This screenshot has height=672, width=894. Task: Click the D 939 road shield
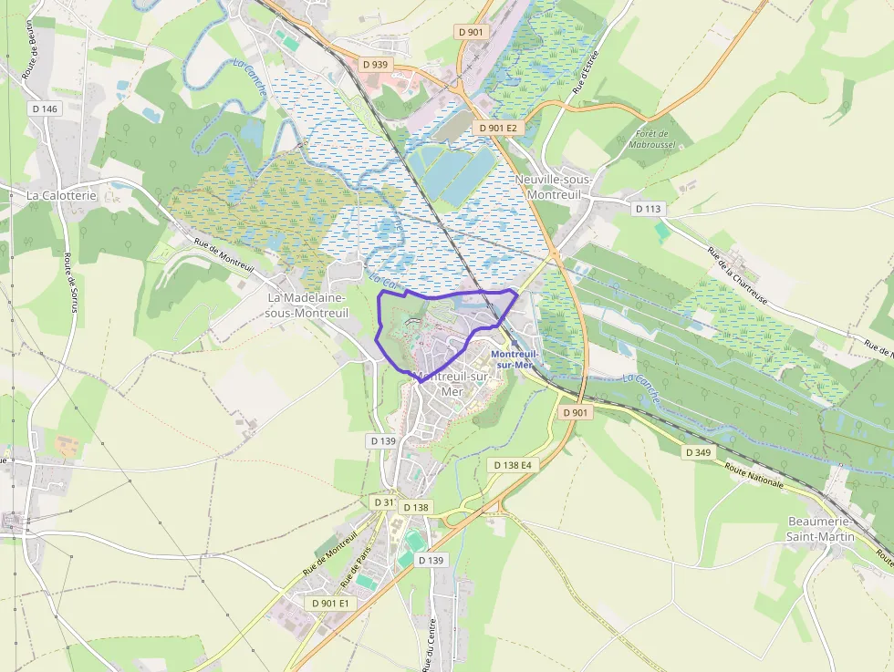pos(374,65)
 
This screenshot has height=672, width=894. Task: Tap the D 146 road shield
pos(44,109)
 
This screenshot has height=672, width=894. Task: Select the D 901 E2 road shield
pos(498,129)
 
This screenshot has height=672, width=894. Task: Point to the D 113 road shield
pos(649,209)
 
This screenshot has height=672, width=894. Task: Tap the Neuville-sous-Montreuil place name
pos(554,187)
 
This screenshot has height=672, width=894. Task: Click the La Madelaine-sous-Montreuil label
pos(307,305)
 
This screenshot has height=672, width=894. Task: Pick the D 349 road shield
pos(698,452)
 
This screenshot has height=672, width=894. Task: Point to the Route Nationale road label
pos(754,475)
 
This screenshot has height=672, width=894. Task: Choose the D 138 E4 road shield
pos(512,465)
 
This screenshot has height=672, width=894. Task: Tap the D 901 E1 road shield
pos(330,604)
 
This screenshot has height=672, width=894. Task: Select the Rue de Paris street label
pos(357,568)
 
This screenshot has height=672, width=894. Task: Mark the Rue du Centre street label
pos(429,644)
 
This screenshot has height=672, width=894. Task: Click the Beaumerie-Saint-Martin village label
pos(821,529)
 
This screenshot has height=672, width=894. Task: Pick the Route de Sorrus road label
pos(69,282)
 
